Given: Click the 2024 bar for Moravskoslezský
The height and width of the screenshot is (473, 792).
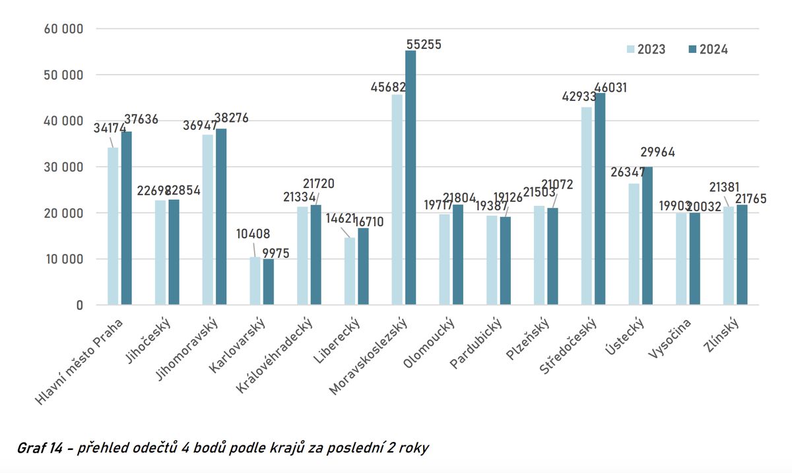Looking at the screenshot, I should click(411, 178).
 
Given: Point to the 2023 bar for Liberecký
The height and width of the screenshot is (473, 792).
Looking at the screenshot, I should click(350, 271).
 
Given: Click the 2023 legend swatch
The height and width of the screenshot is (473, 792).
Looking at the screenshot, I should click(630, 49).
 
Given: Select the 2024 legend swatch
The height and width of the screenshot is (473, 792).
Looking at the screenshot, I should click(692, 49).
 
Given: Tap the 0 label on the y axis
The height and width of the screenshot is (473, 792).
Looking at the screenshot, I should click(79, 305).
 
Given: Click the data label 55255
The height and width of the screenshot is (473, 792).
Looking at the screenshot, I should click(423, 45).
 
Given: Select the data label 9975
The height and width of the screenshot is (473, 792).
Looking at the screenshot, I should click(275, 253).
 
